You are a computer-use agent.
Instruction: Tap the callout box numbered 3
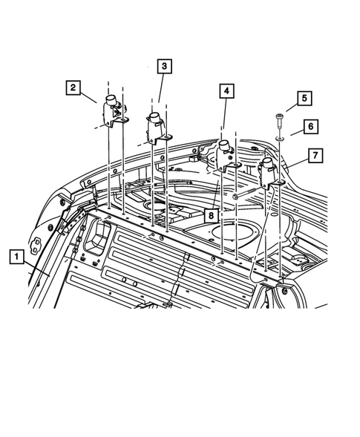coord(164,67)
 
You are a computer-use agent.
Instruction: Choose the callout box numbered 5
coord(303,98)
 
